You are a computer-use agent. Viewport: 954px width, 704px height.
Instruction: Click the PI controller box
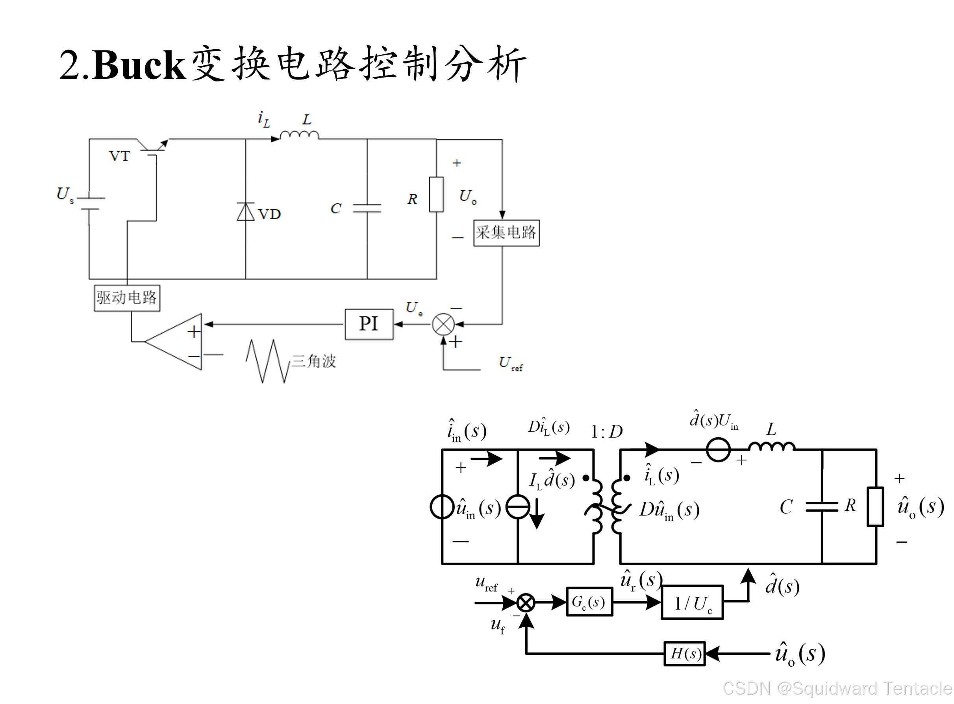coord(369,324)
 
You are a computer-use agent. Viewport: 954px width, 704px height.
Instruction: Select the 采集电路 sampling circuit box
coord(506,233)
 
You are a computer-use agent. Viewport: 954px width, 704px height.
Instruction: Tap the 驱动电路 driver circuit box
coord(127,298)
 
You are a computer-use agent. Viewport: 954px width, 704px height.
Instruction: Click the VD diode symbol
coord(246,212)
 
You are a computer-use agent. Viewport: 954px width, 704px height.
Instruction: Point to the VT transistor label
coord(119,156)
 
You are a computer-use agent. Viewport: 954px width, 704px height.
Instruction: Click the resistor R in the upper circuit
coord(436,194)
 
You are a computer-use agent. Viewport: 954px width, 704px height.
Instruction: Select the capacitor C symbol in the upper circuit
coord(367,208)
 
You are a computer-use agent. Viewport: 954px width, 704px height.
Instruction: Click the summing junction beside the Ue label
coord(443,324)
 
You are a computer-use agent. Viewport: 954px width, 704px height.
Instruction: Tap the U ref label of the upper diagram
coord(510,364)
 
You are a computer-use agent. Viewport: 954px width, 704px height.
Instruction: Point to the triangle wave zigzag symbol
coord(268,361)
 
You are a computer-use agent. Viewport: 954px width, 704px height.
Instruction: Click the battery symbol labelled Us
coord(89,204)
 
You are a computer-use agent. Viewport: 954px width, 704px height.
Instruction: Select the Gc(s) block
coord(589,602)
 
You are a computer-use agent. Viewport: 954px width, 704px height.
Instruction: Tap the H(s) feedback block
coord(685,653)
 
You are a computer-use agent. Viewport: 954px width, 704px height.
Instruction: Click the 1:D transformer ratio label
coord(606,432)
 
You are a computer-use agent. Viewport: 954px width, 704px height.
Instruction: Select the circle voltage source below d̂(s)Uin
coord(718,449)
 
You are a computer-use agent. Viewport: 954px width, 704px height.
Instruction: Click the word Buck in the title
coord(139,65)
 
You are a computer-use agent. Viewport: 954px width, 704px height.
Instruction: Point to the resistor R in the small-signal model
coord(875,507)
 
